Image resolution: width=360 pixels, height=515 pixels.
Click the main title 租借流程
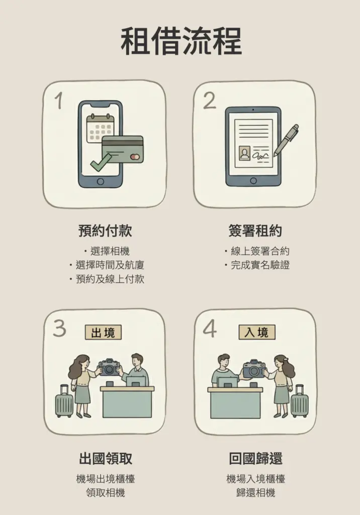(181, 42)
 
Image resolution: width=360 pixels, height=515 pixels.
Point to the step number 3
(59, 328)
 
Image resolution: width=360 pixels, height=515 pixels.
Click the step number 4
(210, 328)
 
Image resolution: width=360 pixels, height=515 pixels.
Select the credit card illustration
(123, 149)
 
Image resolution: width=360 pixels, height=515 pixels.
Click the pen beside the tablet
(286, 139)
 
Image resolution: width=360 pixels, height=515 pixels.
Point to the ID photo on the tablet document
(245, 153)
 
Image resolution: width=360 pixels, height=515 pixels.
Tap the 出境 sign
(103, 332)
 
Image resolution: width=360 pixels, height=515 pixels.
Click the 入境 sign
(257, 332)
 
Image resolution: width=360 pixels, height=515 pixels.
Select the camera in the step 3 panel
(110, 367)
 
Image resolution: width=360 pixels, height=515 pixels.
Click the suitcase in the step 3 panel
(64, 402)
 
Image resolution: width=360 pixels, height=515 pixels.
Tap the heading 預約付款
(105, 231)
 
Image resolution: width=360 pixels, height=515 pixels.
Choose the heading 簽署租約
(255, 231)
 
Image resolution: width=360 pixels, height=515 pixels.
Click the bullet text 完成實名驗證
(260, 265)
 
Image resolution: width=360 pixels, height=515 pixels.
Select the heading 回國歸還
(255, 459)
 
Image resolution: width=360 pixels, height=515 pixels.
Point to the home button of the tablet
(253, 181)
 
